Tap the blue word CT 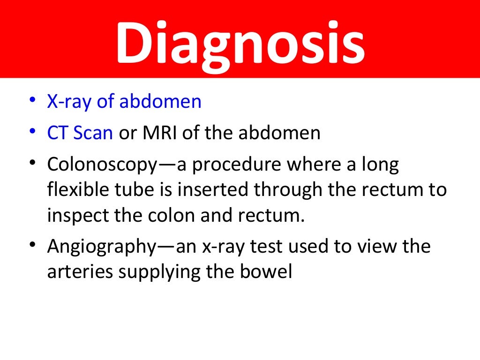pos(57,133)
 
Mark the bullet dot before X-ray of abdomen pos(31,101)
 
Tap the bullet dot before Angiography pos(31,247)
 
